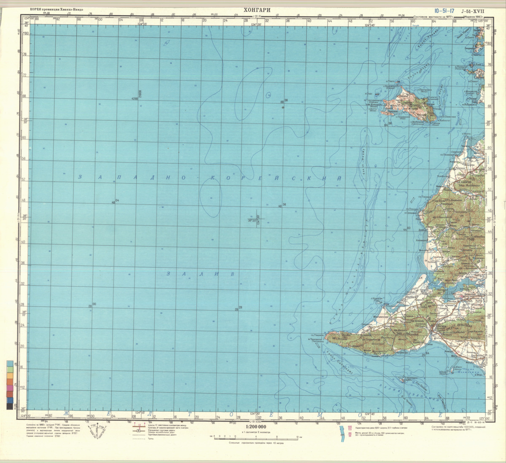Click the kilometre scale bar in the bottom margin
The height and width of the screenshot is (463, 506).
click(x=256, y=438)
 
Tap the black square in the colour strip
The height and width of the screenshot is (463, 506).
click(x=9, y=406)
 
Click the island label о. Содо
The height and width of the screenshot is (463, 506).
click(x=369, y=94)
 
